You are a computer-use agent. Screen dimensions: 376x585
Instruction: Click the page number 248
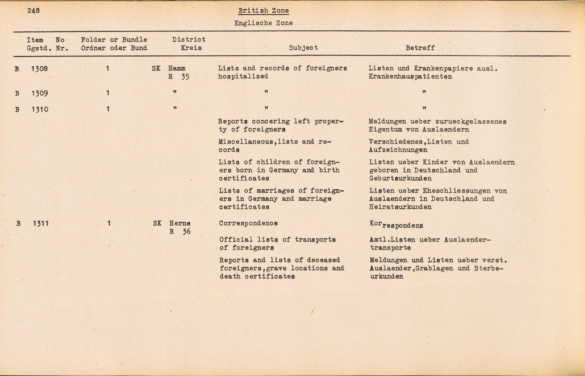[34, 11]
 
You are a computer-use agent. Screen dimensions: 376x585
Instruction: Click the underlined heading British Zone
[263, 11]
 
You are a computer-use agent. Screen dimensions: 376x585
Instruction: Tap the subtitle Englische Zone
[263, 23]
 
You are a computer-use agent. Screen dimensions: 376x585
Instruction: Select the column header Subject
[303, 48]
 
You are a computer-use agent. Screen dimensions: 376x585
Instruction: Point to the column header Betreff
[420, 48]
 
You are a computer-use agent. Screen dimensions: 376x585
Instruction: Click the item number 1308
[39, 69]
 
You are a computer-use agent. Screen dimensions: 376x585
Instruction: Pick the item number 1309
[39, 93]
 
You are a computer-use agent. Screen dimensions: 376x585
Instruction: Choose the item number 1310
[39, 110]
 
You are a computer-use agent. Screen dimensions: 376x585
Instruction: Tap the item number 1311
[41, 224]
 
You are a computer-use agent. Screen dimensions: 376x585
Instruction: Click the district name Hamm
[177, 69]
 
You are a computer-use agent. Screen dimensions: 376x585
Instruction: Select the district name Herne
[180, 223]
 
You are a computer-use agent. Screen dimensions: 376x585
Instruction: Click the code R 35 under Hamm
[178, 77]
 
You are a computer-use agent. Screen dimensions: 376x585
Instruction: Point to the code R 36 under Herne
[180, 232]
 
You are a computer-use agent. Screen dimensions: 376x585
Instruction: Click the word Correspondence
[248, 223]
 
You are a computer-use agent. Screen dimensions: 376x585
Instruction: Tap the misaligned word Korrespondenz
[396, 225]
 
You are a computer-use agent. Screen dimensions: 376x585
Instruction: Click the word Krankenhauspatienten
[410, 77]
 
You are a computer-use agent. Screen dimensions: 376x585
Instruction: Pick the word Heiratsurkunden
[400, 207]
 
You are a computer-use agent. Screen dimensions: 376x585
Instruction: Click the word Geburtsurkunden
[400, 178]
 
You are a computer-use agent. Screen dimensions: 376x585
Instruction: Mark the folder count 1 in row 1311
[109, 223]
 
